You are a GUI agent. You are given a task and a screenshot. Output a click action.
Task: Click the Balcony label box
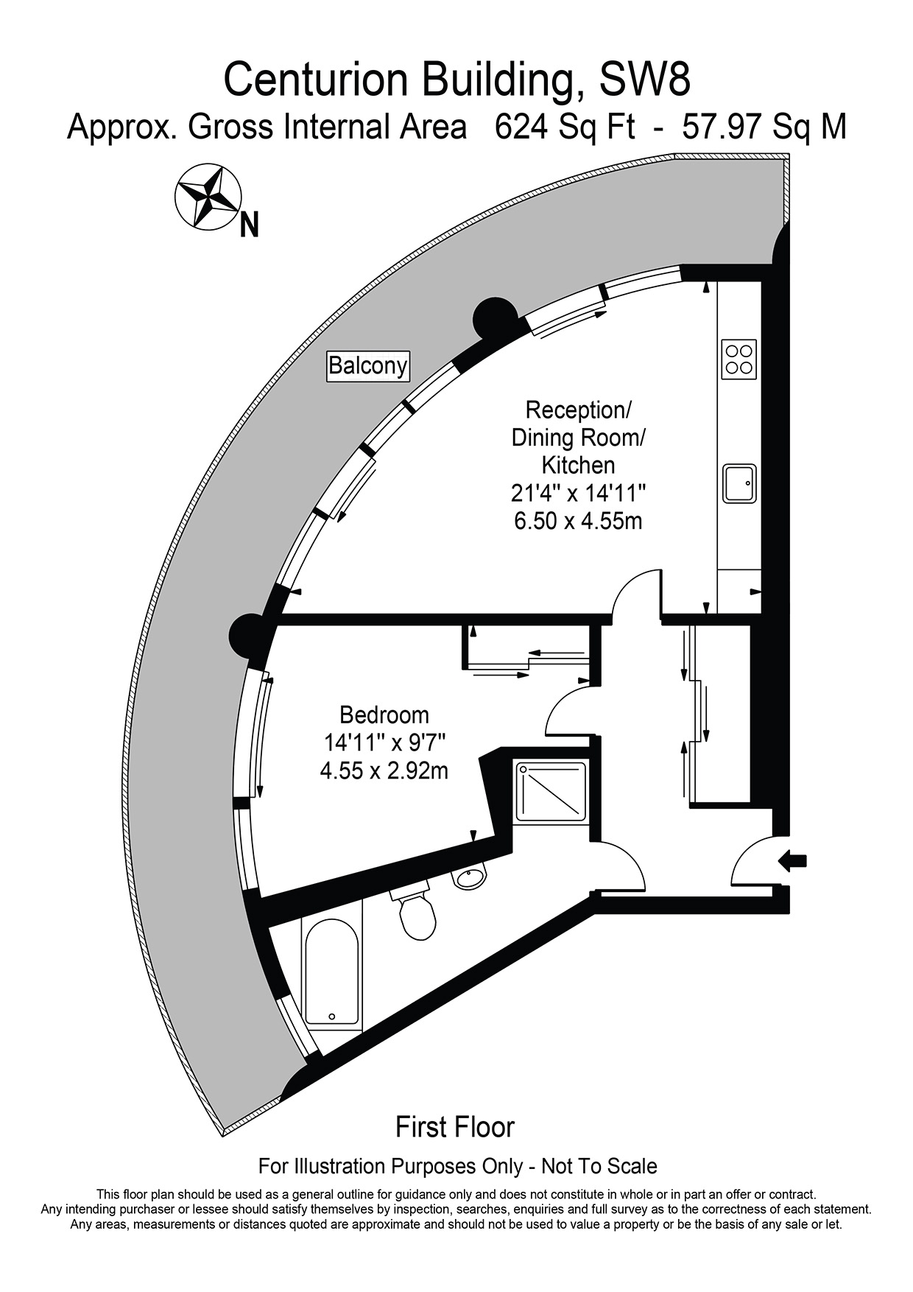click(367, 365)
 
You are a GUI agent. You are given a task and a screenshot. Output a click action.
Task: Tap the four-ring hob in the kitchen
click(739, 359)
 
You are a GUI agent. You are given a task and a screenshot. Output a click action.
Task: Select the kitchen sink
click(739, 483)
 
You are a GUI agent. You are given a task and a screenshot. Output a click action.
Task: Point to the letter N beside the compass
click(250, 225)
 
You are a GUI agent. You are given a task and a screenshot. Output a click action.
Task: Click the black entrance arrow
click(793, 860)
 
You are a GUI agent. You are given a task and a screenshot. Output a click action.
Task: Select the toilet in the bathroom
click(412, 912)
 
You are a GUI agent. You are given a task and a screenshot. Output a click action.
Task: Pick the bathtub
click(332, 975)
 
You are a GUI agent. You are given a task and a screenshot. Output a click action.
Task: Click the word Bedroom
click(384, 715)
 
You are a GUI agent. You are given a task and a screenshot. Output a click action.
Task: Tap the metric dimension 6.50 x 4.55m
click(578, 521)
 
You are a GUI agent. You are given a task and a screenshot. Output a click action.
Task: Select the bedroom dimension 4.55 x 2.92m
click(384, 771)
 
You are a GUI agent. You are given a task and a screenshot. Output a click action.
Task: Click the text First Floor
click(455, 1127)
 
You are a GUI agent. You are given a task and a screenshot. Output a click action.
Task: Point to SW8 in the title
click(646, 80)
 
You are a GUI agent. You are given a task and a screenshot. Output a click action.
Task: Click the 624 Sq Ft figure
click(565, 127)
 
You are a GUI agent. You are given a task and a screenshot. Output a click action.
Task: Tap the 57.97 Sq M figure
click(764, 127)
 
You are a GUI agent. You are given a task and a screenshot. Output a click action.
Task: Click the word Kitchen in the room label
click(578, 465)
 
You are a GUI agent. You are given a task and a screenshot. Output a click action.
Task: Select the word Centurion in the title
click(318, 80)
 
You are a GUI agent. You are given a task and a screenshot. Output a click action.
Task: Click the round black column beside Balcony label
click(495, 318)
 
